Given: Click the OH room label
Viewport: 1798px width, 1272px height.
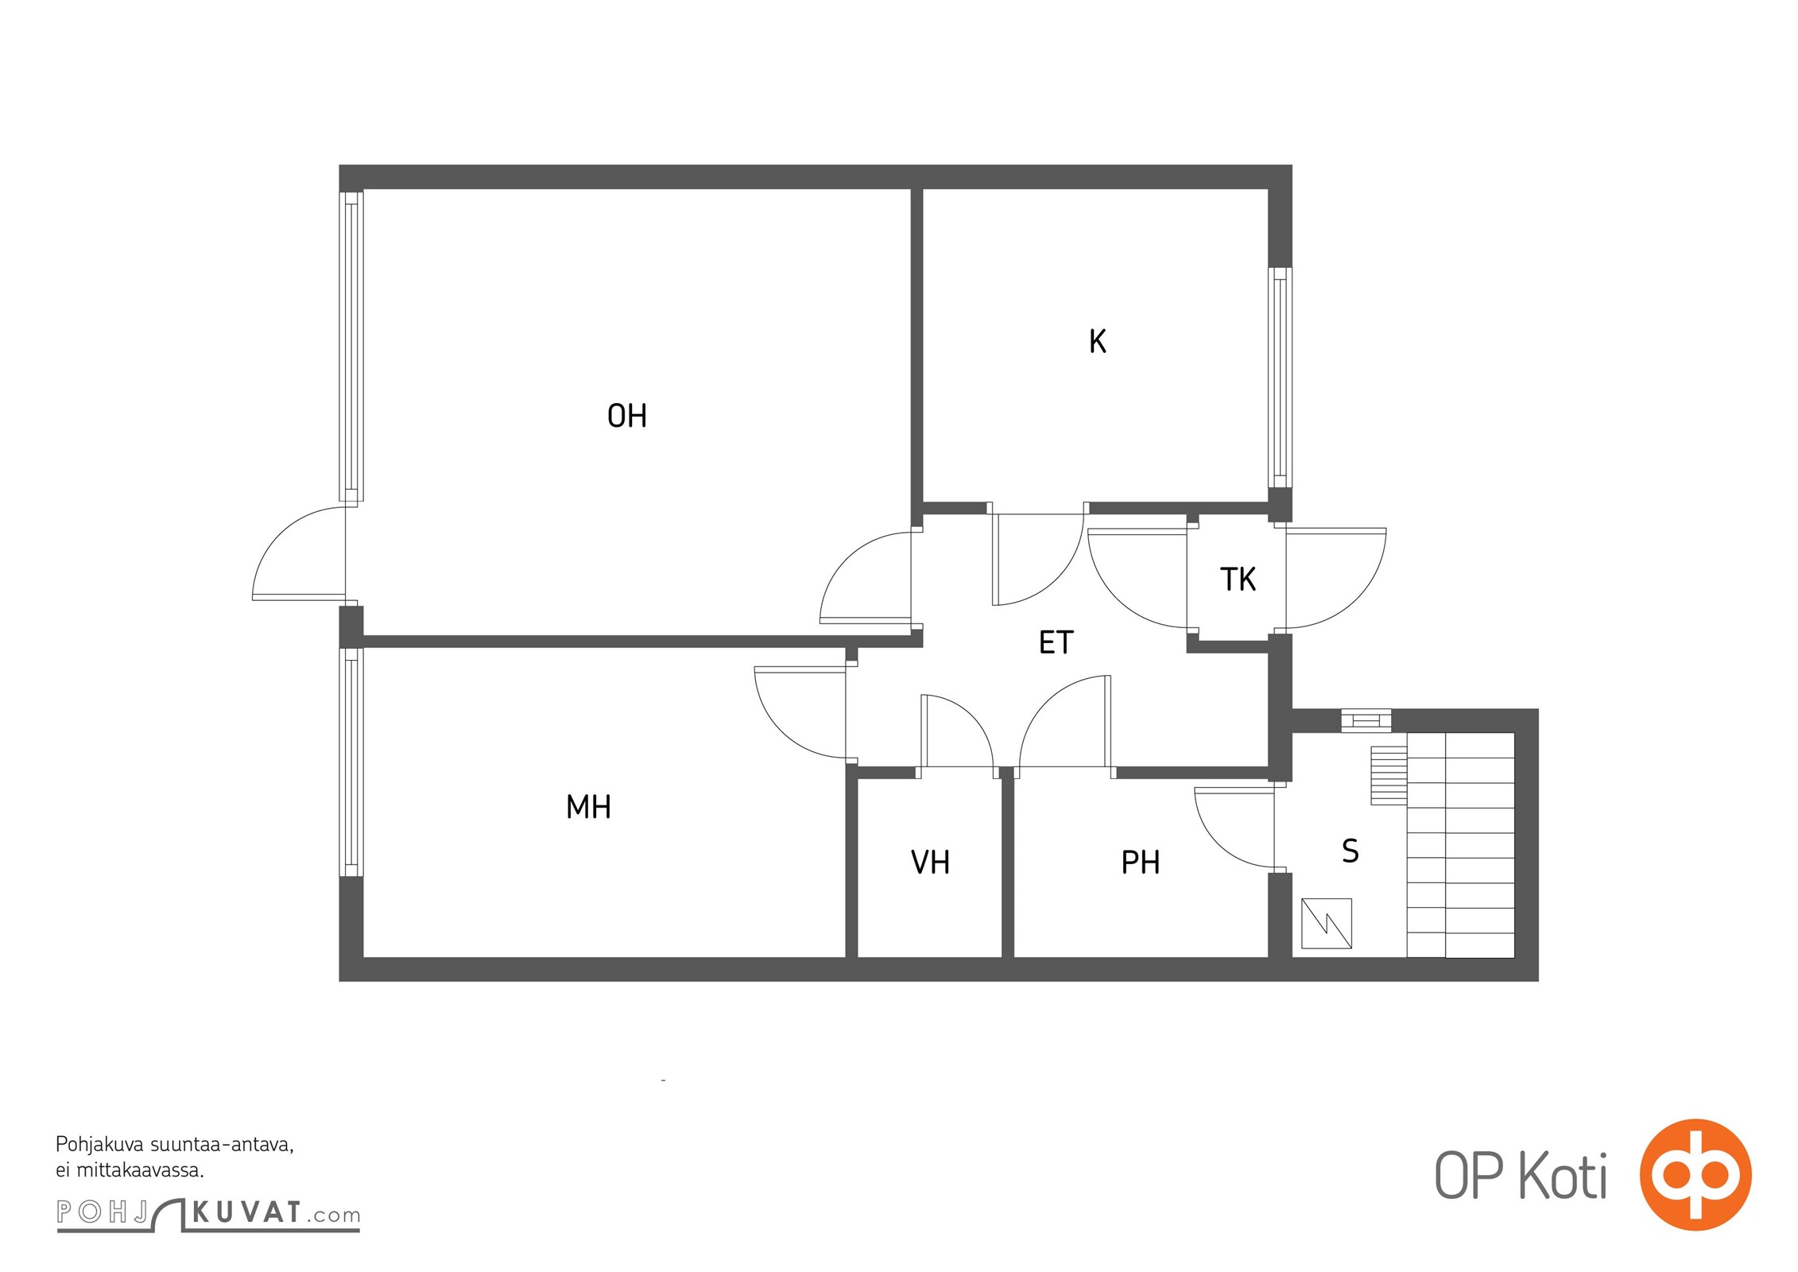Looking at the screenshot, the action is (626, 416).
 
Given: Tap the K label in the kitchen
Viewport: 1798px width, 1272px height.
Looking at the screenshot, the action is (1097, 341).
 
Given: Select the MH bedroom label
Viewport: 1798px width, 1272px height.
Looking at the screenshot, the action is (588, 807).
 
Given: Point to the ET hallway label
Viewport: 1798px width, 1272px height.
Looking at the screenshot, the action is (1056, 642).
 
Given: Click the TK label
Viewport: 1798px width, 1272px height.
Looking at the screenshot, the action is (1238, 580).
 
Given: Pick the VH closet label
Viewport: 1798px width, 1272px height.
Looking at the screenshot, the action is (930, 863).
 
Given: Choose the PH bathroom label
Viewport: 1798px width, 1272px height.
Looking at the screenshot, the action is (1141, 863).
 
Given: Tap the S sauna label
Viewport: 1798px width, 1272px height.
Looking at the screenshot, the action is (1350, 851).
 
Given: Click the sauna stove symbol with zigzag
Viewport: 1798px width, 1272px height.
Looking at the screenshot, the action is (1326, 923).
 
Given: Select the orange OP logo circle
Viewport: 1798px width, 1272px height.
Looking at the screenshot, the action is (1695, 1175).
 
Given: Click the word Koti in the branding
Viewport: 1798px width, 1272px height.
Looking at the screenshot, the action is (1563, 1176).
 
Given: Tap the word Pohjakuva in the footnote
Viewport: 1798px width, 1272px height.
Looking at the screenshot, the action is (99, 1146).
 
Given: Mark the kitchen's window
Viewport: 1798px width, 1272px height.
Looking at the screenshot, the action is (1279, 378).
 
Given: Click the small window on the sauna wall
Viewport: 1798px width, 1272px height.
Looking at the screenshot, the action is (1366, 721).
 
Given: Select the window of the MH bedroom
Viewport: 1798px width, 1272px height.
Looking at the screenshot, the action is (351, 762).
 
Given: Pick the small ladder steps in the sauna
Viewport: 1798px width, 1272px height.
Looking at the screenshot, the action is (1389, 775).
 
